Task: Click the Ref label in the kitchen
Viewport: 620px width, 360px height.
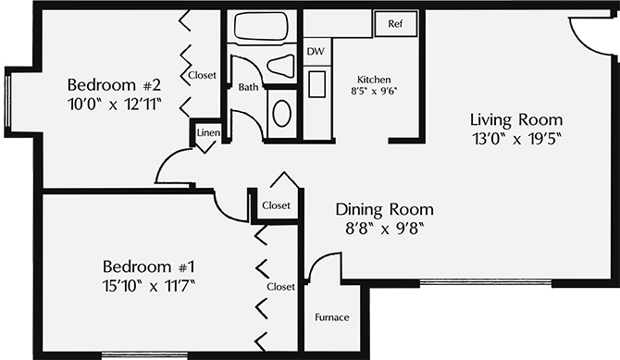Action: [x=395, y=24]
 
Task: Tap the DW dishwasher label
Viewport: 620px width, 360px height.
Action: [x=316, y=52]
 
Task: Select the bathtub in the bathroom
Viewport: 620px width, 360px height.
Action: [x=261, y=26]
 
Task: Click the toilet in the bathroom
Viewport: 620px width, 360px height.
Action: [x=281, y=65]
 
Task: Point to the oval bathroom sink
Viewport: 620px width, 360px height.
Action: [x=282, y=114]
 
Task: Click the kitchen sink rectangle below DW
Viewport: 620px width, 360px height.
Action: [x=316, y=84]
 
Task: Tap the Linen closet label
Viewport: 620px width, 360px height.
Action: [x=208, y=133]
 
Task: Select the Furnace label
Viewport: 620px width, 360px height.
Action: [x=332, y=317]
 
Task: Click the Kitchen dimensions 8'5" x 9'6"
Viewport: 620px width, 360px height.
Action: [x=374, y=92]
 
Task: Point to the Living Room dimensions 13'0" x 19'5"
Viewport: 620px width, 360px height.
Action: [x=516, y=139]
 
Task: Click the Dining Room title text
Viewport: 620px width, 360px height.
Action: [x=384, y=209]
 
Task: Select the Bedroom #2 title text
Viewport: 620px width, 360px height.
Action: [x=114, y=85]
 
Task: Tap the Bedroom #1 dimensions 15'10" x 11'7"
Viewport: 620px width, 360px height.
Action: [x=149, y=286]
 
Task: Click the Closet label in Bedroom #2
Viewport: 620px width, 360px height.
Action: [x=203, y=75]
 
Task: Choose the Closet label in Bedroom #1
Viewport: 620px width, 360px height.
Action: [x=280, y=286]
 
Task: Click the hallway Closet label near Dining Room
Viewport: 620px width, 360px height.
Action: [x=276, y=205]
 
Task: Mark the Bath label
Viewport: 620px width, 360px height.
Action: [x=248, y=87]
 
